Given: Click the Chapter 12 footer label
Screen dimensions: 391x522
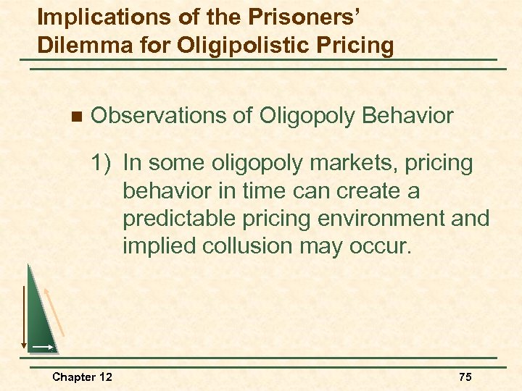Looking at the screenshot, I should pyautogui.click(x=82, y=377).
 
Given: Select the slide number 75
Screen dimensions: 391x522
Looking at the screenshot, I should pyautogui.click(x=465, y=377).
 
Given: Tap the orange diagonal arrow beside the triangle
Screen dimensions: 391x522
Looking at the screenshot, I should pyautogui.click(x=55, y=311).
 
